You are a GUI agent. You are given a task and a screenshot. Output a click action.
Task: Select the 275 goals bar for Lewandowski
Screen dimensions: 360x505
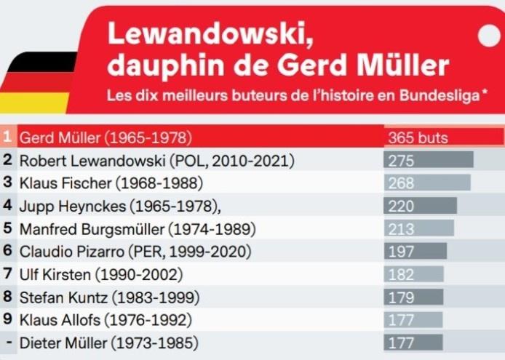tap(429, 160)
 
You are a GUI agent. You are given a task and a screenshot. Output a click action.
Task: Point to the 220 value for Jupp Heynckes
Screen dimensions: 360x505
tap(401, 207)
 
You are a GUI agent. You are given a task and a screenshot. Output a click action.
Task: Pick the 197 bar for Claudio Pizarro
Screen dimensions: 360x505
tap(415, 252)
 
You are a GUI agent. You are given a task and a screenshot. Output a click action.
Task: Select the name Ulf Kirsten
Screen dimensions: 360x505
tap(51, 275)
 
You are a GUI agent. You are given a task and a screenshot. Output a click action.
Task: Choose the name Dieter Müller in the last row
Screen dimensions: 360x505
tap(59, 343)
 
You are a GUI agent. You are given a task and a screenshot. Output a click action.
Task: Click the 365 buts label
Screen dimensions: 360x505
tap(418, 137)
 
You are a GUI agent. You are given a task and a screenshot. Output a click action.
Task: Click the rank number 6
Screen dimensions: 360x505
tap(7, 252)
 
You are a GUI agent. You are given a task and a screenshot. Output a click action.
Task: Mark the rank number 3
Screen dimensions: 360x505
tap(7, 183)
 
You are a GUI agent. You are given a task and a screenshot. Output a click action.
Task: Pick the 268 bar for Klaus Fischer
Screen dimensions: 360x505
tap(427, 183)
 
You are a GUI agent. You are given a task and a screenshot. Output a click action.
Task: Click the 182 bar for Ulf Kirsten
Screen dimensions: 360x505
tap(413, 275)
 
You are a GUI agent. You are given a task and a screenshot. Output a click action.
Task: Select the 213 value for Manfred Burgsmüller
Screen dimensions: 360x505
tap(401, 229)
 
